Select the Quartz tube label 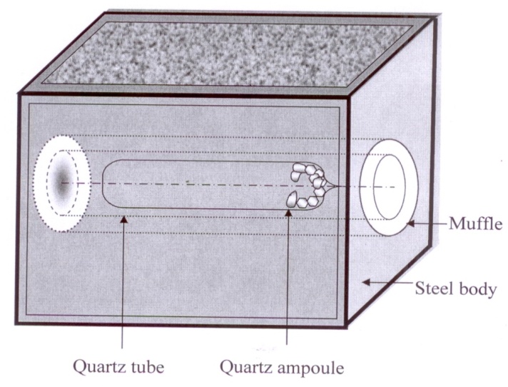point(119,368)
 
